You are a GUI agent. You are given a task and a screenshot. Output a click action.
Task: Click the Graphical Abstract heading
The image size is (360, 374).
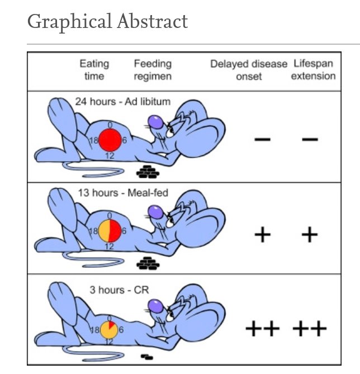pyautogui.click(x=107, y=22)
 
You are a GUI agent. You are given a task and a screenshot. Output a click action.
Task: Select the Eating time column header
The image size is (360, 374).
pyautogui.click(x=94, y=70)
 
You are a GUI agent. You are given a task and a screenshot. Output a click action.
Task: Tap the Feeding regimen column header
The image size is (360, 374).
pyautogui.click(x=153, y=70)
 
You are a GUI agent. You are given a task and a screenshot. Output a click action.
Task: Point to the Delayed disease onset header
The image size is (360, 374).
pyautogui.click(x=249, y=70)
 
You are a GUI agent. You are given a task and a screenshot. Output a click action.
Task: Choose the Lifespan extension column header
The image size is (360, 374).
pyautogui.click(x=313, y=70)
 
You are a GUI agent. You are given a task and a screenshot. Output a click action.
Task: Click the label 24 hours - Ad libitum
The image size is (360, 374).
pyautogui.click(x=123, y=102)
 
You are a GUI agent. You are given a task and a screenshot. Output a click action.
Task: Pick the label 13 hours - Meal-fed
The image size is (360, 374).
pyautogui.click(x=123, y=193)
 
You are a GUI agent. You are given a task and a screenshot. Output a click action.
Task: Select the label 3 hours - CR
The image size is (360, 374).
pyautogui.click(x=119, y=290)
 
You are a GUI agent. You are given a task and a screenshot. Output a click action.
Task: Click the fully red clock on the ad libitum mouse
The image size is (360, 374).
pyautogui.click(x=110, y=140)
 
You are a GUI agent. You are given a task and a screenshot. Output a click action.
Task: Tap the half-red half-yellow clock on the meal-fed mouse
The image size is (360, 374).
pyautogui.click(x=110, y=231)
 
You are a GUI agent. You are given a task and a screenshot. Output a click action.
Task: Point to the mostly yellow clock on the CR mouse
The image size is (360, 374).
pyautogui.click(x=109, y=330)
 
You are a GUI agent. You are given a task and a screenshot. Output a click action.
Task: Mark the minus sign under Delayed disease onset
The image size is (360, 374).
pyautogui.click(x=262, y=139)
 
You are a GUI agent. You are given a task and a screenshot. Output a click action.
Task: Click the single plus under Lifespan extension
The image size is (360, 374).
pyautogui.click(x=310, y=234)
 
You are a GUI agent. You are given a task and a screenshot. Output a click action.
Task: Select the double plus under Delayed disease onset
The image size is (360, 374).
pyautogui.click(x=262, y=329)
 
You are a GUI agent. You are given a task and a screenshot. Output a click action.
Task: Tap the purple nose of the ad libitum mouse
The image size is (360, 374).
pyautogui.click(x=156, y=122)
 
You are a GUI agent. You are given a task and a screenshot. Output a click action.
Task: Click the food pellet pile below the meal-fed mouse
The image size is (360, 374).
pyautogui.click(x=148, y=263)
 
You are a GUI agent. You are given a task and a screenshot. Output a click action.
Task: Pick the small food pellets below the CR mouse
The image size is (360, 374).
pyautogui.click(x=147, y=357)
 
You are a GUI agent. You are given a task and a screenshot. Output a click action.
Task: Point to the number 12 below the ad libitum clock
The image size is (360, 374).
pyautogui.click(x=110, y=156)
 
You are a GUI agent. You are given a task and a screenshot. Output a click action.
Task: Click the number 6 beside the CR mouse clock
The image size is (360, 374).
pyautogui.click(x=121, y=330)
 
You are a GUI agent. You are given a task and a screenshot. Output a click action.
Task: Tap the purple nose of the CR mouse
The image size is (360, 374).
pyautogui.click(x=156, y=306)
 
